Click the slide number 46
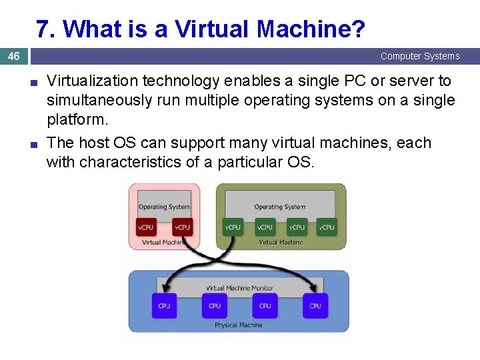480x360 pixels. click(13, 57)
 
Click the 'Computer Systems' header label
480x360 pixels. click(420, 56)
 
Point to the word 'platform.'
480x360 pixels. click(77, 120)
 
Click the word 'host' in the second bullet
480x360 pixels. click(93, 143)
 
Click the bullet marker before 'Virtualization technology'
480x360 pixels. click(33, 83)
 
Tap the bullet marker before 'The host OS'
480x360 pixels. click(33, 144)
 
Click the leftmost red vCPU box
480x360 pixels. click(146, 227)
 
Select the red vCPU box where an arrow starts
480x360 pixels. click(183, 227)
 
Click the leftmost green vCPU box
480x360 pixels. click(233, 227)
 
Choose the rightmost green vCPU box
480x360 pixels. click(327, 227)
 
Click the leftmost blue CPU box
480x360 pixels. click(164, 305)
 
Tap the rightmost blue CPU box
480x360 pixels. click(315, 305)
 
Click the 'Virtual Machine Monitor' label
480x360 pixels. click(239, 288)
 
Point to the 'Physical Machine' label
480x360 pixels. click(239, 325)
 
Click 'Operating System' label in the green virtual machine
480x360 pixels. click(280, 207)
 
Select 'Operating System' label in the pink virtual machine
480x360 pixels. click(164, 207)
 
